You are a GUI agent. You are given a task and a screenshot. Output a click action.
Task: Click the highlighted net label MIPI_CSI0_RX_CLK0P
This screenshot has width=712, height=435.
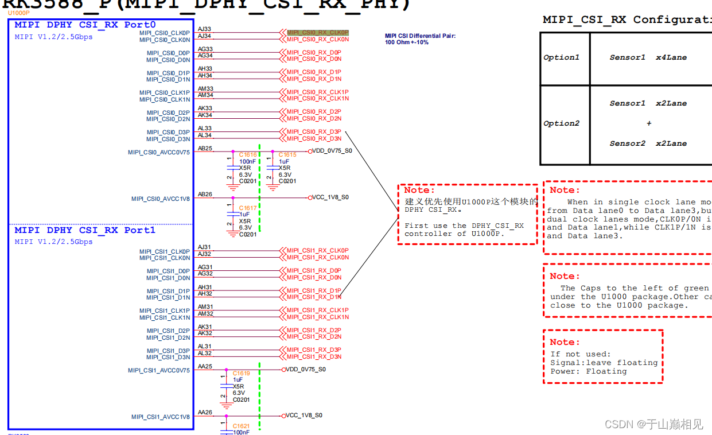[317, 33]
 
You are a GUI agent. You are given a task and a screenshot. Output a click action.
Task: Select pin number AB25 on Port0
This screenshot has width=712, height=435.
[205, 149]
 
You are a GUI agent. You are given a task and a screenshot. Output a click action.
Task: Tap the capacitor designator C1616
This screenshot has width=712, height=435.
[248, 155]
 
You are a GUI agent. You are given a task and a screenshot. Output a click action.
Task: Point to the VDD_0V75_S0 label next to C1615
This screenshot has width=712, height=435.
[332, 151]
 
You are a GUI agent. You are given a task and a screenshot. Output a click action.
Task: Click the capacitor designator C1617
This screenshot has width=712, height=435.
[248, 208]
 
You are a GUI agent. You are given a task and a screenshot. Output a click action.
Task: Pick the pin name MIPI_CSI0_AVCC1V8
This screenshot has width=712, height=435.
[160, 199]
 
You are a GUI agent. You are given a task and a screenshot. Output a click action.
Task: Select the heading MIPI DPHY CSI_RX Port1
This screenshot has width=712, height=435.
[85, 230]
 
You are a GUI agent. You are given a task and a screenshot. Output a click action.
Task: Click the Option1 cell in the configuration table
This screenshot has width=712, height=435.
[562, 57]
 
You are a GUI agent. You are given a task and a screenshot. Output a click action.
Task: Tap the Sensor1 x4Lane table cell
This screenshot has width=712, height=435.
[648, 57]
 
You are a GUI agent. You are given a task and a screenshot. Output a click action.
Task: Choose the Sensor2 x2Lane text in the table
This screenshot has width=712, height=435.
[648, 143]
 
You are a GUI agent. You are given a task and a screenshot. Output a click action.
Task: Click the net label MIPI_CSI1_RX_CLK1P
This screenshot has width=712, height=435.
[317, 310]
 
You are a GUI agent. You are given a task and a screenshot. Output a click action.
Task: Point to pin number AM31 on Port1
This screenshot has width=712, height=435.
[205, 307]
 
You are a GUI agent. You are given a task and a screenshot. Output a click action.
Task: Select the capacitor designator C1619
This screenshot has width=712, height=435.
[241, 374]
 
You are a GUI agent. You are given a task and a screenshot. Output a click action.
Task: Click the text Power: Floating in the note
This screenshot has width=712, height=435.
[588, 371]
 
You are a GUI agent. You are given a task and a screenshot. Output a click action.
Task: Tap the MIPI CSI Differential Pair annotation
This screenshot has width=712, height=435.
[421, 36]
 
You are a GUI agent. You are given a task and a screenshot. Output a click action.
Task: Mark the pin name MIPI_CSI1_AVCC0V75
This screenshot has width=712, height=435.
[158, 371]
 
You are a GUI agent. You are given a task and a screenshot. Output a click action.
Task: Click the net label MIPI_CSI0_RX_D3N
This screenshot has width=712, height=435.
[314, 139]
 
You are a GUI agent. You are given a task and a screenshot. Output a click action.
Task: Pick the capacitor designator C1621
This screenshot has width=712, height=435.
[241, 426]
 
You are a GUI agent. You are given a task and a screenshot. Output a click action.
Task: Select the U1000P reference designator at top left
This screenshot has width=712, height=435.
[18, 13]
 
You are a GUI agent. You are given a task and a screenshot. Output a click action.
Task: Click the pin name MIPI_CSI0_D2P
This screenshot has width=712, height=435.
[168, 113]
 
